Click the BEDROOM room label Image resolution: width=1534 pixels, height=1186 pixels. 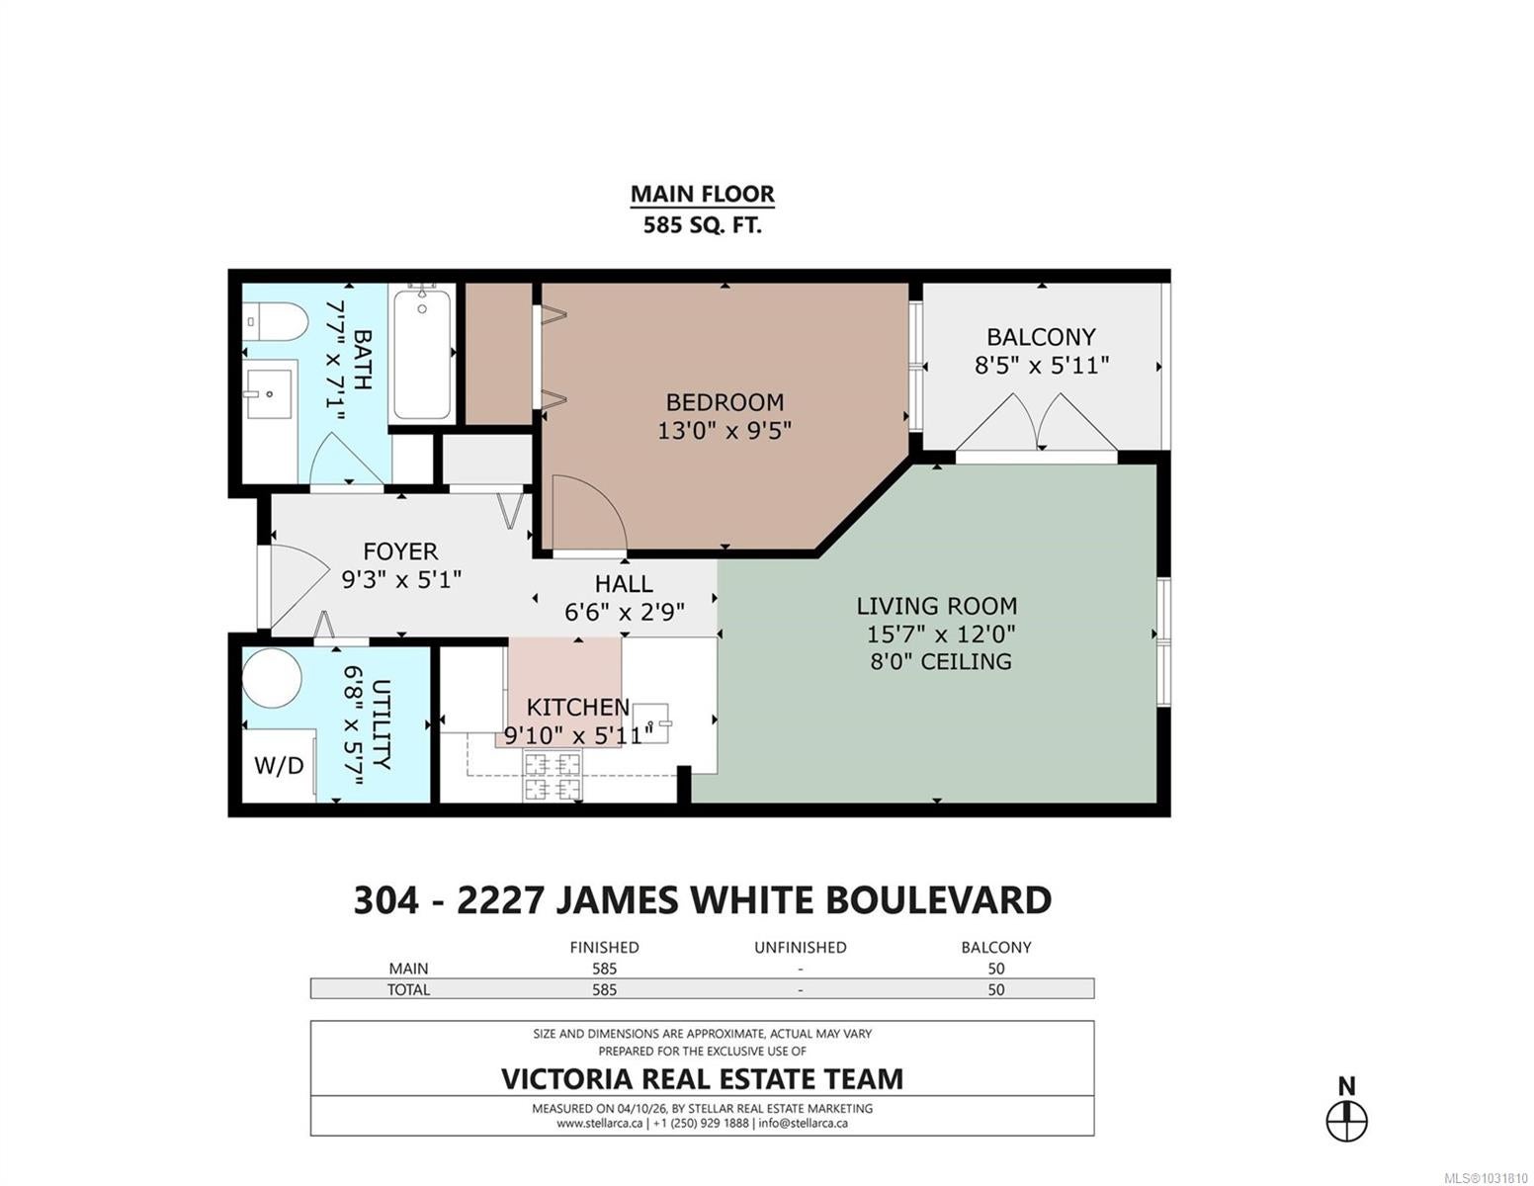724,402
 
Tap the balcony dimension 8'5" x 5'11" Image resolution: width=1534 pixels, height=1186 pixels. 1041,366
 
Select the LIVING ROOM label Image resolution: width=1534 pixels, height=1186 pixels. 936,606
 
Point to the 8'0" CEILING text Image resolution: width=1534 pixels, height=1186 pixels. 940,662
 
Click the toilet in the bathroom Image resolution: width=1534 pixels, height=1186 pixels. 275,322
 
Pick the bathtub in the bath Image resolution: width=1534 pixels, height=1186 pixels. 421,355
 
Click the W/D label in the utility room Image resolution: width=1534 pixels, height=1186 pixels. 279,766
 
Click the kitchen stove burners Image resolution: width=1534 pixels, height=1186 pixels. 553,776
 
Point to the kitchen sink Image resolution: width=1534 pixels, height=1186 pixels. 650,723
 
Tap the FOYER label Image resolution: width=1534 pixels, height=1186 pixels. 400,551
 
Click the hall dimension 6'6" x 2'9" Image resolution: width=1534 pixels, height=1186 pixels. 624,612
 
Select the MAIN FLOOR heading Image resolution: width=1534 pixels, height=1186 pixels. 703,194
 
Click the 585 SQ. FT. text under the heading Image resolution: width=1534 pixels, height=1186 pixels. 703,225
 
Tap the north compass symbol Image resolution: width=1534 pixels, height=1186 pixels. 1347,1121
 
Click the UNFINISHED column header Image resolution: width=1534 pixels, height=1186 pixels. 800,948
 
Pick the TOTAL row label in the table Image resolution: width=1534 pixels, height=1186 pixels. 408,990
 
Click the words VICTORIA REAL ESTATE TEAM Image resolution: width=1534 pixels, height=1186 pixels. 703,1078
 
